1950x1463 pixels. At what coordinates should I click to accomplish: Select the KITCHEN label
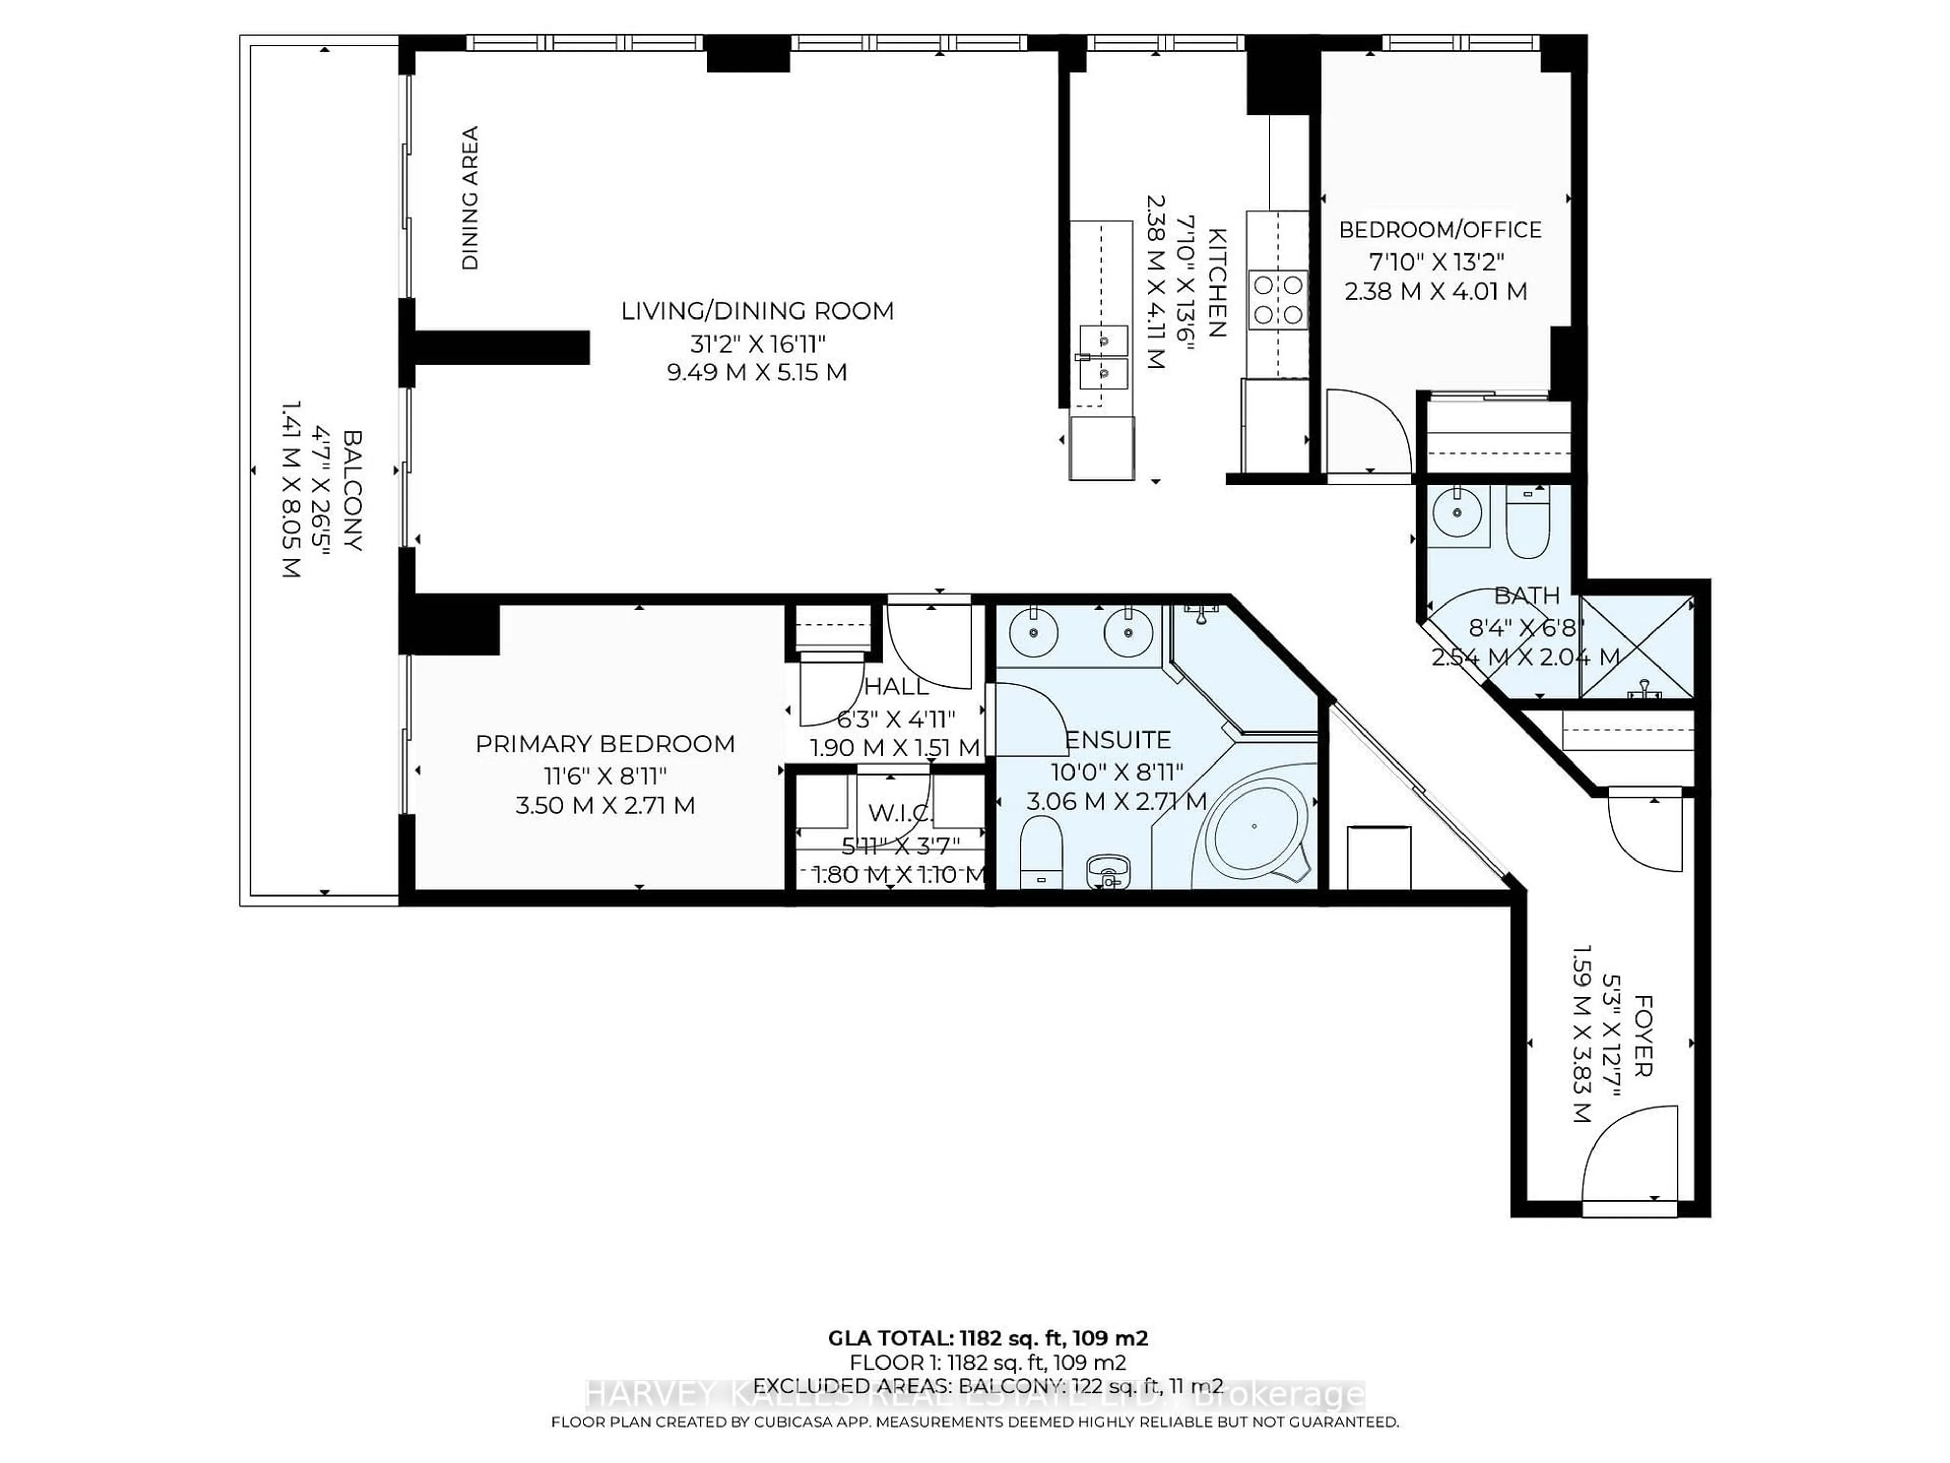(x=1217, y=282)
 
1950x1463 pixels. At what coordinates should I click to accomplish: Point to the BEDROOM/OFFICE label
(x=1440, y=230)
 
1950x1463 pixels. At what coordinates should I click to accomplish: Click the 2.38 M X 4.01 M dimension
(x=1435, y=291)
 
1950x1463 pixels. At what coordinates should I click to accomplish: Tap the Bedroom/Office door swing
(x=1364, y=432)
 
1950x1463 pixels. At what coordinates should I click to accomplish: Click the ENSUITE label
(x=1118, y=740)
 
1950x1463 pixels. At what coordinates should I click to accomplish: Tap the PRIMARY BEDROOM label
(x=605, y=744)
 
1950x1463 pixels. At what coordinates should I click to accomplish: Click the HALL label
(x=896, y=686)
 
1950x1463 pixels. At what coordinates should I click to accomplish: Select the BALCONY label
(x=352, y=490)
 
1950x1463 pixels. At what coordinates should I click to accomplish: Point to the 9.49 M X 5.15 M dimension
(x=757, y=372)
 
